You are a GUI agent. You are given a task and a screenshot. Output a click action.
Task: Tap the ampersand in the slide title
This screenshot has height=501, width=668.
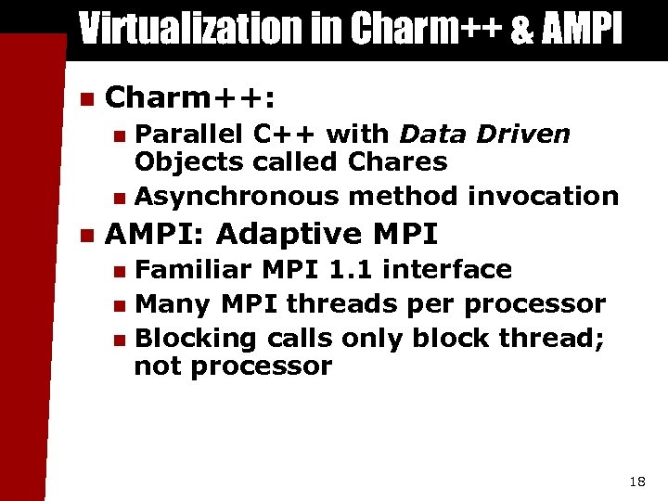[522, 29]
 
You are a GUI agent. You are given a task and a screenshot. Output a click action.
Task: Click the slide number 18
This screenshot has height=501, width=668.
[636, 482]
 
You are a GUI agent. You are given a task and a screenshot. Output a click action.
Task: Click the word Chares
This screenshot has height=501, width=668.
[397, 162]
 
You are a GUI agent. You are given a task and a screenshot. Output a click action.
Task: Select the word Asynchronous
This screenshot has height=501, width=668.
[238, 196]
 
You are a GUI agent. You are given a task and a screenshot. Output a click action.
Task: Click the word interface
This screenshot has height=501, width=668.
[447, 269]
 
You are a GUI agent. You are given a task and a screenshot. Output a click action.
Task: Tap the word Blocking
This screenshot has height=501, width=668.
[196, 338]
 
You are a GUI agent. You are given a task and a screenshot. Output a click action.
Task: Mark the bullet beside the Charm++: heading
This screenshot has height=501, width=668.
[86, 97]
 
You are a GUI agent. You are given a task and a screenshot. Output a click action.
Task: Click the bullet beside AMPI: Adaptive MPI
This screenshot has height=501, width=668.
[86, 233]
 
